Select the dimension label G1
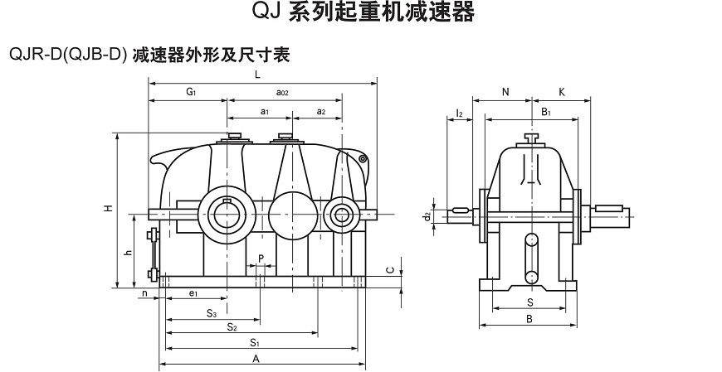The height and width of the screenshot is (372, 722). (x=190, y=91)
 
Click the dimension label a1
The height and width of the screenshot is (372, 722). (x=263, y=110)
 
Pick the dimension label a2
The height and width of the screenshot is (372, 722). (x=320, y=110)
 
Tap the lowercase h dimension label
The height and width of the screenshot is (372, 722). (x=127, y=252)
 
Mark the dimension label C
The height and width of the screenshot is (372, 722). (x=389, y=269)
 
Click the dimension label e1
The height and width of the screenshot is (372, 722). (x=192, y=292)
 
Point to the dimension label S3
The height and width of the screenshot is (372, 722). (x=212, y=313)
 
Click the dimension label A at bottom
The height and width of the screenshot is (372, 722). (x=256, y=358)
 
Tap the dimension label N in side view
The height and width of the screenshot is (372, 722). (x=505, y=92)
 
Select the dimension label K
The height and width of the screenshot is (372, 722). (x=562, y=92)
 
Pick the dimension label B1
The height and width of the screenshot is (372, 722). (x=546, y=110)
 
